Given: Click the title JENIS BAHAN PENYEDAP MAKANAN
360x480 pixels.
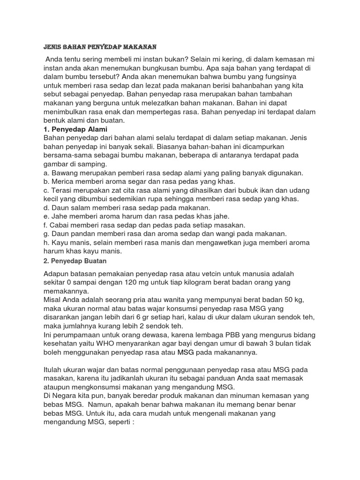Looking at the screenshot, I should tap(99, 47).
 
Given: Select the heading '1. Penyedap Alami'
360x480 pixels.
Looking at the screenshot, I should tap(75, 129).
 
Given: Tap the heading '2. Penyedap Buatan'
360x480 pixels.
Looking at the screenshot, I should tap(75, 260).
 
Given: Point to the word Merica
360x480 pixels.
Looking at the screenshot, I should tap(63, 182).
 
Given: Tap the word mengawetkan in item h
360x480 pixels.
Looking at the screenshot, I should tap(222, 242).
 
